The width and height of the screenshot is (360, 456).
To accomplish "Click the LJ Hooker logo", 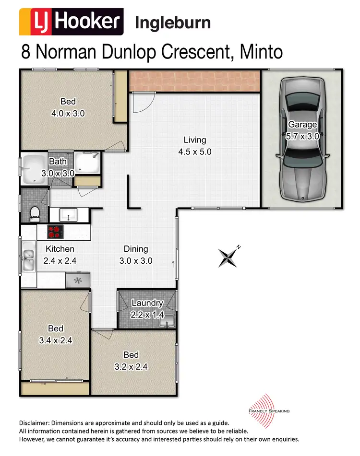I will pyautogui.click(x=71, y=22).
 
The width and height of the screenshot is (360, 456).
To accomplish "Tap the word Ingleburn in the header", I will pyautogui.click(x=173, y=23).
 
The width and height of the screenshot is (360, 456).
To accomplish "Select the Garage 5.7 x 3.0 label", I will pyautogui.click(x=302, y=130).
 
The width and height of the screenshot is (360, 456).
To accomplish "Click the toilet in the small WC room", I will pyautogui.click(x=34, y=212).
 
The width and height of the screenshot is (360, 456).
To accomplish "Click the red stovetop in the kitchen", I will pyautogui.click(x=56, y=232).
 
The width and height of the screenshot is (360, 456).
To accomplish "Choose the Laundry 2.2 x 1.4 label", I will pyautogui.click(x=147, y=309).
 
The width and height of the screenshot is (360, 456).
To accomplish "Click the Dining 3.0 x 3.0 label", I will pyautogui.click(x=136, y=255).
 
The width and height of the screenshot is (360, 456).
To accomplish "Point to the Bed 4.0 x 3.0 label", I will pyautogui.click(x=68, y=107).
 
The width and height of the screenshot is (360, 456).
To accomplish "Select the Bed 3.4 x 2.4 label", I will pyautogui.click(x=56, y=334).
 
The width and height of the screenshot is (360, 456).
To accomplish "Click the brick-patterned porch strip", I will pyautogui.click(x=194, y=81).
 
